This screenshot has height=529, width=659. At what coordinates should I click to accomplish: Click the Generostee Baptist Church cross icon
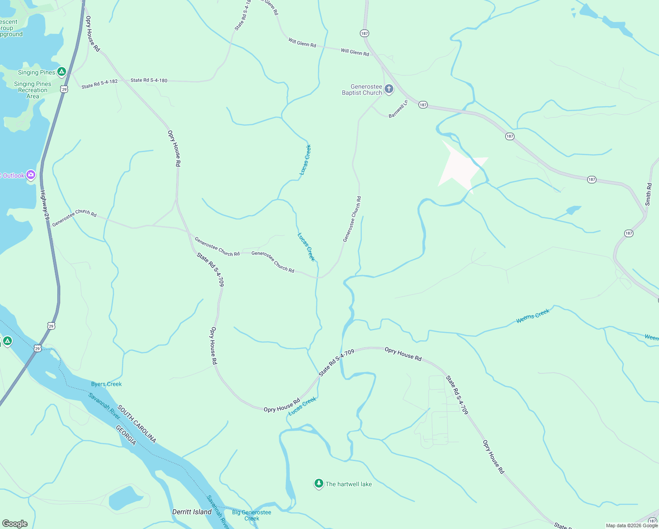[389, 89]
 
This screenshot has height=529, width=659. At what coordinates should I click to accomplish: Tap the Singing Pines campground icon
[62, 71]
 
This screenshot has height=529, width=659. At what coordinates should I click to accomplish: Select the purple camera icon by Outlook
[31, 175]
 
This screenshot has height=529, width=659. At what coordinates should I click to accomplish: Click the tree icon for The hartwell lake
[318, 484]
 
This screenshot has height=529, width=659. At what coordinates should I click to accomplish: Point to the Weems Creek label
[533, 316]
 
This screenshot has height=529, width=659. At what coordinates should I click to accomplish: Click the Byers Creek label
[106, 384]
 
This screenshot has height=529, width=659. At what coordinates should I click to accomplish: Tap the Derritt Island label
[192, 512]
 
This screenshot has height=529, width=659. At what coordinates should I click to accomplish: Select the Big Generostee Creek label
[252, 515]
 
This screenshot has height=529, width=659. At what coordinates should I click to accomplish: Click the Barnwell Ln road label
[398, 109]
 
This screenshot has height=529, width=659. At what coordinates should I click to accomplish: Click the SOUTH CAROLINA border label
[137, 424]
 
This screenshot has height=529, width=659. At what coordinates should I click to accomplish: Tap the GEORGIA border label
[126, 435]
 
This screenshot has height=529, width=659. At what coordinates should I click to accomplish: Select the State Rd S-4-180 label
[149, 80]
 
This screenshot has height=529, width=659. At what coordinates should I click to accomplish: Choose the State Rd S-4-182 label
[100, 84]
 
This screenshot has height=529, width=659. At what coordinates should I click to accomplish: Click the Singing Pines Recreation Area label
[33, 90]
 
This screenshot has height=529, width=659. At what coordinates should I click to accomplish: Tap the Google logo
[15, 523]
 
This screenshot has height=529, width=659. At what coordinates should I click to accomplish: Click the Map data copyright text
[632, 525]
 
